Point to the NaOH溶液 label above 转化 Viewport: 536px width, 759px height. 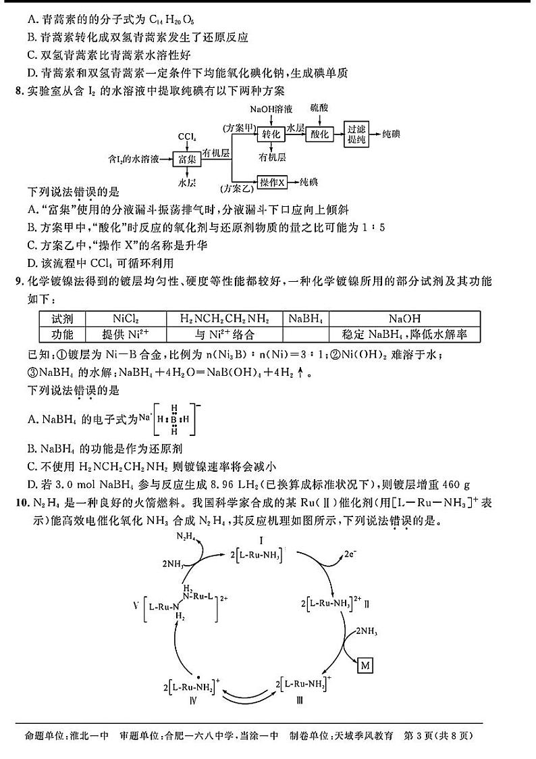271,108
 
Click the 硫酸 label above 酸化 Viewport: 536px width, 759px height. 319,107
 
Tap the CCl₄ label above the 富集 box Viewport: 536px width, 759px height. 186,137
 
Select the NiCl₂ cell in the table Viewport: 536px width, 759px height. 126,318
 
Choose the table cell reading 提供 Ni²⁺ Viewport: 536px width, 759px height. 126,333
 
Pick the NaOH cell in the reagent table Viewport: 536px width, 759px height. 404,318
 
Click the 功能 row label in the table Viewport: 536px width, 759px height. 58,333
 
